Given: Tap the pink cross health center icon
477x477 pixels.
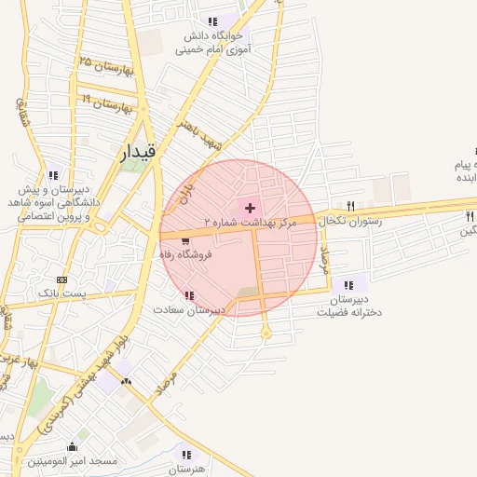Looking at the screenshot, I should click(250, 207).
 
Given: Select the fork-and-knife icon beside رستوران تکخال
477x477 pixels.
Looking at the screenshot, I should click(351, 206).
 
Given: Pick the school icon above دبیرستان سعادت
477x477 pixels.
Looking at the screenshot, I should click(189, 296).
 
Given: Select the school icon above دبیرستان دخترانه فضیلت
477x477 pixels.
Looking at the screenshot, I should click(348, 285).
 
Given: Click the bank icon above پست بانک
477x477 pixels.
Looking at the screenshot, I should click(62, 279).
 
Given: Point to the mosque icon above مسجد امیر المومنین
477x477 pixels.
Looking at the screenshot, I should click(72, 446).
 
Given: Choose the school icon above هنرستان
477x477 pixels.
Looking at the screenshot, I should click(187, 455).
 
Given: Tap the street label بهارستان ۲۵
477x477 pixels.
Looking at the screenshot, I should click(106, 66).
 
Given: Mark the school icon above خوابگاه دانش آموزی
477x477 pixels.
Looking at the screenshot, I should click(213, 21).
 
